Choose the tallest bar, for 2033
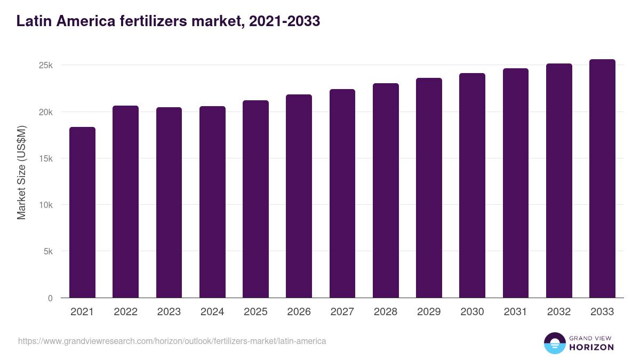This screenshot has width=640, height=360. (602, 179)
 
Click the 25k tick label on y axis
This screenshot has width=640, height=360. (46, 66)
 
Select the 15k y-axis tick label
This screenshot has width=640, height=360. (46, 158)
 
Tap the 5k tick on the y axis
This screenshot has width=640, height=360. (47, 252)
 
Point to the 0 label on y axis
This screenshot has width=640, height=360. (50, 298)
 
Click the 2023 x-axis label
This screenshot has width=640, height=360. (169, 312)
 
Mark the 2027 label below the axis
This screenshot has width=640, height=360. (342, 312)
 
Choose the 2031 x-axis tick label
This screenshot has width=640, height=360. (515, 312)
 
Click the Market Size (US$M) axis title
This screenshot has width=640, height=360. (21, 172)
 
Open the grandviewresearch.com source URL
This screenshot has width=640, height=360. (172, 341)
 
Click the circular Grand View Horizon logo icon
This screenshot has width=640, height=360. (554, 343)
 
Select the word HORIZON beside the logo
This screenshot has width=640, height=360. (591, 347)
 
